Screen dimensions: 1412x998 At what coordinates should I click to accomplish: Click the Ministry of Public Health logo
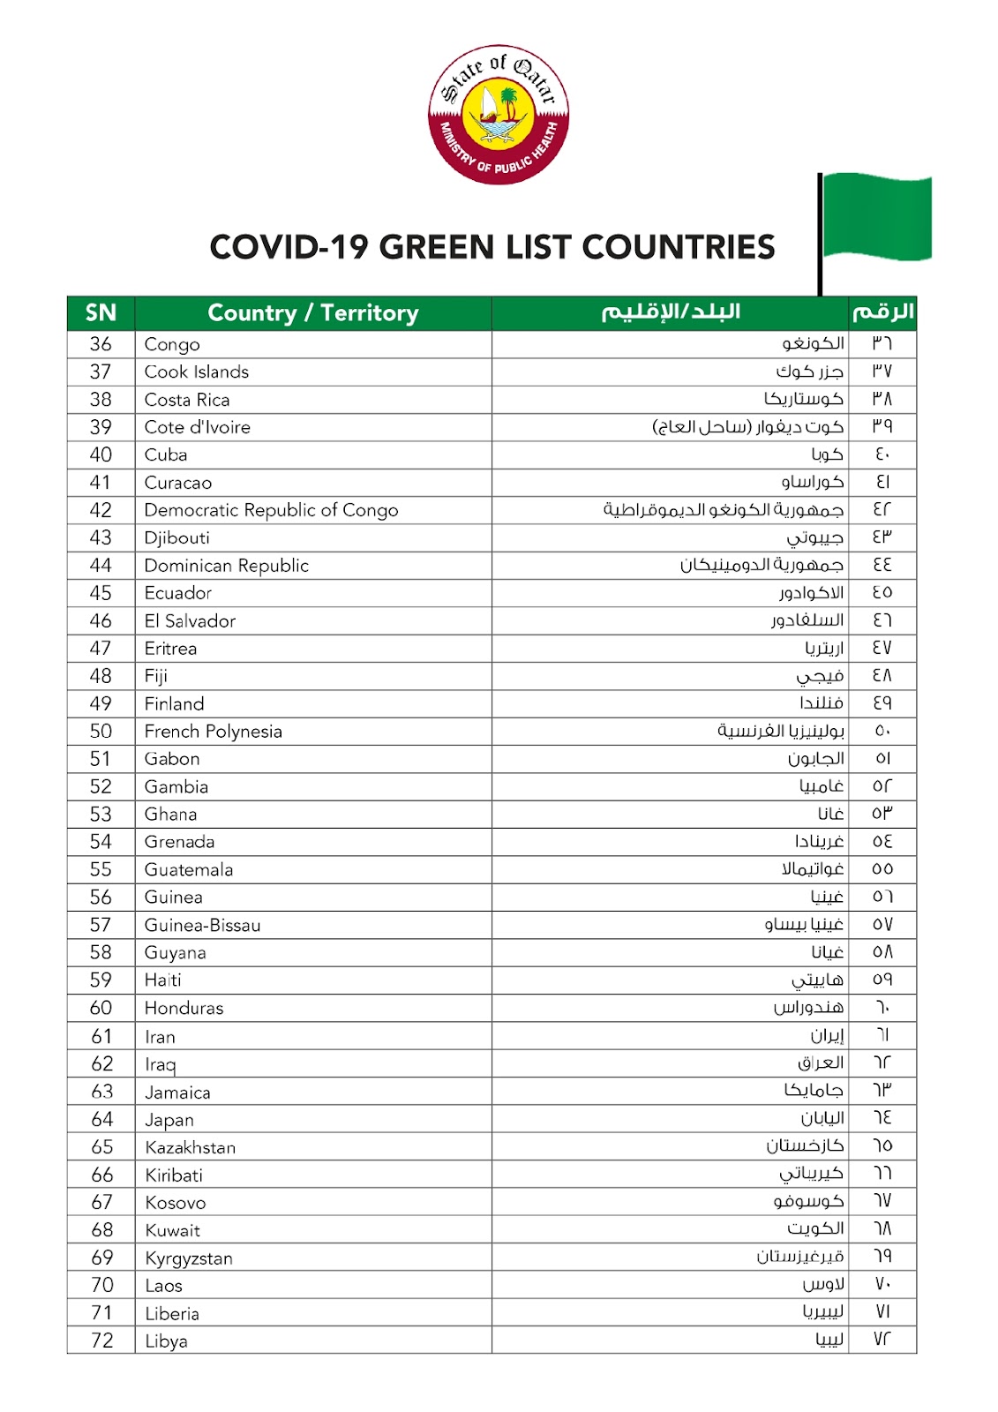pyautogui.click(x=499, y=115)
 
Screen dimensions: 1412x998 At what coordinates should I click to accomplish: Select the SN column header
pyautogui.click(x=101, y=313)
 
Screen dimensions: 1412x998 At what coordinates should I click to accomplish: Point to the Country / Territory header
pyautogui.click(x=313, y=313)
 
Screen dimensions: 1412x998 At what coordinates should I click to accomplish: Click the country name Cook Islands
pyautogui.click(x=197, y=372)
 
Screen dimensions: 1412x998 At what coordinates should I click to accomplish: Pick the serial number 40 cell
pyautogui.click(x=101, y=454)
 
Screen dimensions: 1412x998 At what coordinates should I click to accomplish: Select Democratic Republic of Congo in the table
pyautogui.click(x=271, y=510)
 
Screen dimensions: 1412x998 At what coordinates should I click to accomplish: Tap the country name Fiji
pyautogui.click(x=156, y=676)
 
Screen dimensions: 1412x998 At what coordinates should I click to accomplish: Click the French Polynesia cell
pyautogui.click(x=214, y=732)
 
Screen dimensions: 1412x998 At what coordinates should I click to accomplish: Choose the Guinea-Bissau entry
pyautogui.click(x=203, y=925)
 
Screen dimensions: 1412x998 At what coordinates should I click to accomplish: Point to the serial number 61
pyautogui.click(x=101, y=1036)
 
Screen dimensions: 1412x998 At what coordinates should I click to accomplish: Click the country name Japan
pyautogui.click(x=169, y=1120)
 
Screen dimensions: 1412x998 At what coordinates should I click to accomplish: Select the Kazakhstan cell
pyautogui.click(x=191, y=1147)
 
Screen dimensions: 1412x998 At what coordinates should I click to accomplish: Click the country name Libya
pyautogui.click(x=167, y=1341)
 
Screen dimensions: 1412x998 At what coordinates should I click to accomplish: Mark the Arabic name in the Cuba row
pyautogui.click(x=827, y=454)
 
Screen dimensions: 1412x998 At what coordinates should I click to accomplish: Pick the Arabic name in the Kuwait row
pyautogui.click(x=815, y=1228)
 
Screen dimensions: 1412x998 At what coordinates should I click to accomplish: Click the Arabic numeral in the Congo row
pyautogui.click(x=882, y=343)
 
